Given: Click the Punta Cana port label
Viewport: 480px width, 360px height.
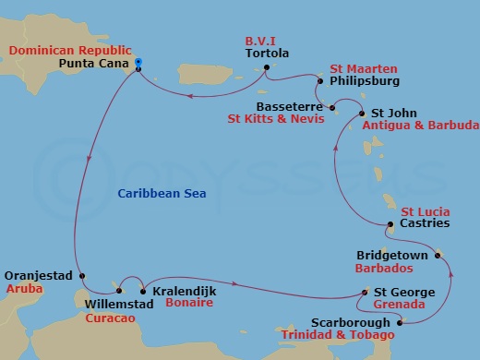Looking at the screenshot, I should pos(93,65).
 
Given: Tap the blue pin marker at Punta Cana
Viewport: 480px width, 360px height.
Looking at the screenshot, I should pos(138,63).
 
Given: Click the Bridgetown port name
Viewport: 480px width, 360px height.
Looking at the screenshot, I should pos(390,252).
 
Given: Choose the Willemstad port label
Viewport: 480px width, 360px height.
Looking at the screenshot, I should pos(114,303).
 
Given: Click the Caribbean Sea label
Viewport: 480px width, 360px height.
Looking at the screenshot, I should pos(162,193).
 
